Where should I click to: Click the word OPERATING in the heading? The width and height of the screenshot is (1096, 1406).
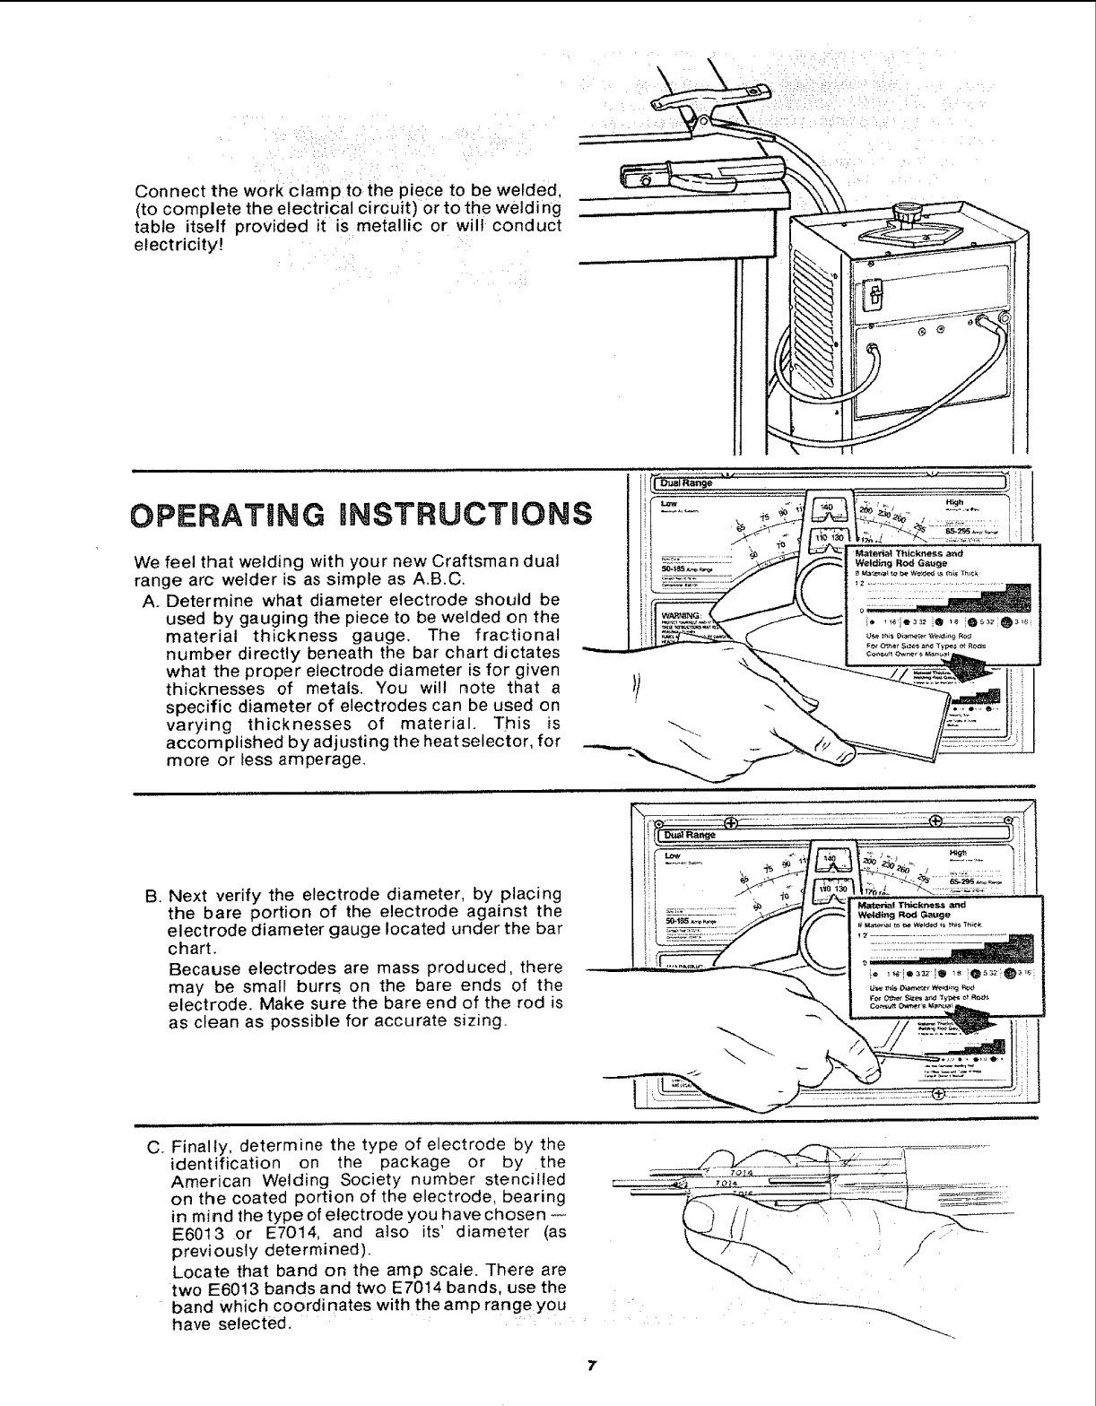(x=234, y=516)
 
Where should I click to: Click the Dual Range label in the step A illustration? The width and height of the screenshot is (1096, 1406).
(x=685, y=483)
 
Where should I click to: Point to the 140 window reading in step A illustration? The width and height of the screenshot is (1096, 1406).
(x=826, y=508)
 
